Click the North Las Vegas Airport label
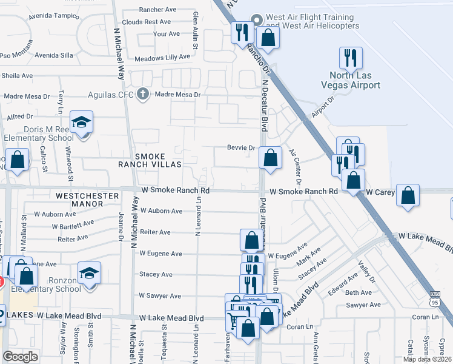tap(354, 80)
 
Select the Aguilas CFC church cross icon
tap(143, 94)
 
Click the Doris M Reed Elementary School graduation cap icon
tap(81, 123)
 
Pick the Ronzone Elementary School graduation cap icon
tap(89, 274)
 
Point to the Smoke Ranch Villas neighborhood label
tap(158, 160)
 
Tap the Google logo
tap(20, 357)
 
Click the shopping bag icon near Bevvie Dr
tap(270, 158)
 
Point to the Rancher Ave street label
tap(157, 10)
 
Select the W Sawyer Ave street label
tap(160, 296)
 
